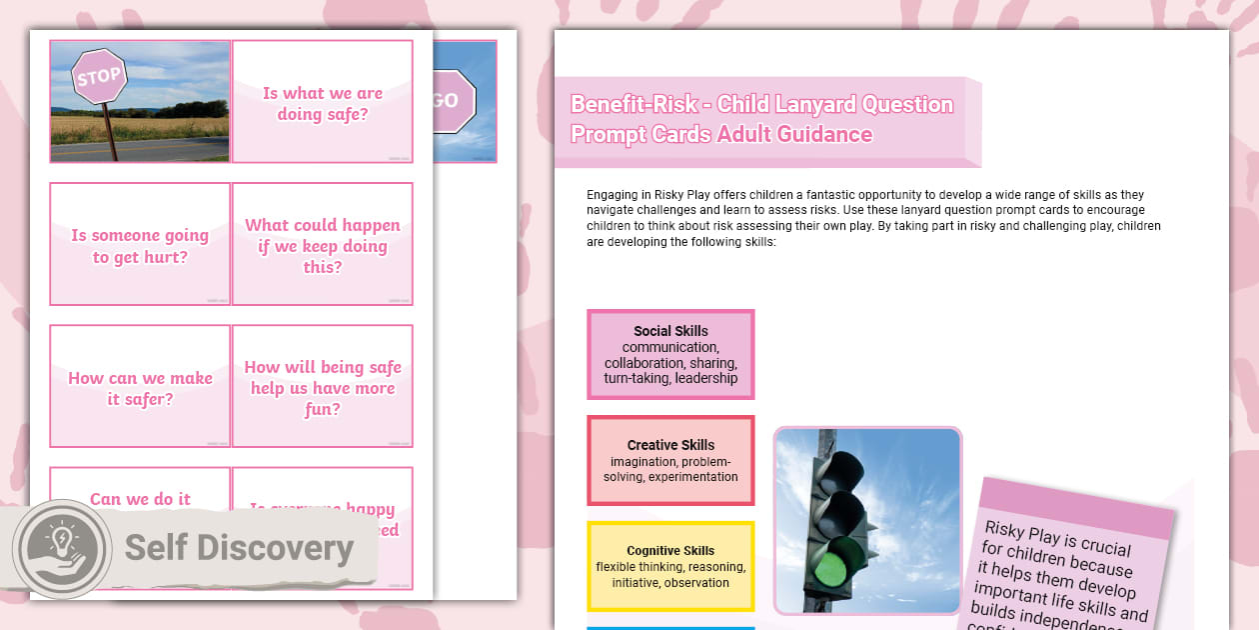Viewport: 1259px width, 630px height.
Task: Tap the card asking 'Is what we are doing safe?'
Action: (322, 103)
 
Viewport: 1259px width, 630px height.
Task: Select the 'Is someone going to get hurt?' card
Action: (140, 246)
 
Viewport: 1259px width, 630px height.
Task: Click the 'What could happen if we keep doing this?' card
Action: (322, 246)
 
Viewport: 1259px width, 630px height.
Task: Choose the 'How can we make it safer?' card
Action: (140, 388)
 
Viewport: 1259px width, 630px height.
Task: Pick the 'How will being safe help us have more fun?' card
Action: (322, 388)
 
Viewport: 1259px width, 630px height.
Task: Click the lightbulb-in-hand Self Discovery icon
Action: (62, 549)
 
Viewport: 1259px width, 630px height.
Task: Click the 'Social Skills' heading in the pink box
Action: (670, 331)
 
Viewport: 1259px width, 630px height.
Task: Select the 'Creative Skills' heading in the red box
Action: (670, 445)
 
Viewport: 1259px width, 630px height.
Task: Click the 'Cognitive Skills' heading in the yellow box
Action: (670, 551)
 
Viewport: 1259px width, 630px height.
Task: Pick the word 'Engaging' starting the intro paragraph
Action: (612, 195)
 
